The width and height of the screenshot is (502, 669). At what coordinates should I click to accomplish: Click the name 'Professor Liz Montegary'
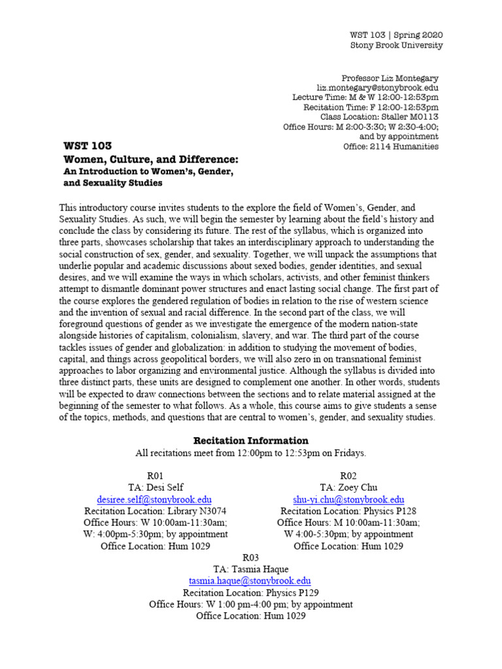pyautogui.click(x=390, y=78)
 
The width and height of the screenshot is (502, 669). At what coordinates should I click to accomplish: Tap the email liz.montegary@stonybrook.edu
pyautogui.click(x=378, y=88)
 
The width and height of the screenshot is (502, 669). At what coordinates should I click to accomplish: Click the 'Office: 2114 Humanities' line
pyautogui.click(x=391, y=146)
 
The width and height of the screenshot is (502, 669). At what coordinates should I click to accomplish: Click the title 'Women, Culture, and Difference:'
pyautogui.click(x=150, y=159)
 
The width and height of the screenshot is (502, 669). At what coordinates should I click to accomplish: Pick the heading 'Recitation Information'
pyautogui.click(x=250, y=440)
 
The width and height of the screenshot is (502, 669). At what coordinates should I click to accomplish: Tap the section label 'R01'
pyautogui.click(x=156, y=475)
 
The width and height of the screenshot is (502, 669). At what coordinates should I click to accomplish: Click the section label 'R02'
pyautogui.click(x=348, y=475)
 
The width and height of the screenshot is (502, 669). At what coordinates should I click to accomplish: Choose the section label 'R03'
pyautogui.click(x=250, y=557)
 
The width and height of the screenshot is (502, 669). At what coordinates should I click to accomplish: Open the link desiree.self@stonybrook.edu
pyautogui.click(x=156, y=499)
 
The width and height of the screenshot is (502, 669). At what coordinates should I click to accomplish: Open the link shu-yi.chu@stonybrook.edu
pyautogui.click(x=348, y=499)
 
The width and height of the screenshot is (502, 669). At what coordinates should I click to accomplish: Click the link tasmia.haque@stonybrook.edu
pyautogui.click(x=250, y=581)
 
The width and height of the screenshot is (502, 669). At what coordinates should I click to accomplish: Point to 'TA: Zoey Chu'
pyautogui.click(x=348, y=487)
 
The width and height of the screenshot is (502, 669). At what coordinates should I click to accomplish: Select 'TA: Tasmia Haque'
pyautogui.click(x=250, y=569)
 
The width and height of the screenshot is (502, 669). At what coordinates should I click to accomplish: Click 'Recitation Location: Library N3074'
pyautogui.click(x=156, y=511)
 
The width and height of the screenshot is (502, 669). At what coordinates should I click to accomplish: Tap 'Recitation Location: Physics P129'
pyautogui.click(x=250, y=593)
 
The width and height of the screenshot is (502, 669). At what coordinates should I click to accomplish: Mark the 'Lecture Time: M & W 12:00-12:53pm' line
pyautogui.click(x=365, y=97)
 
